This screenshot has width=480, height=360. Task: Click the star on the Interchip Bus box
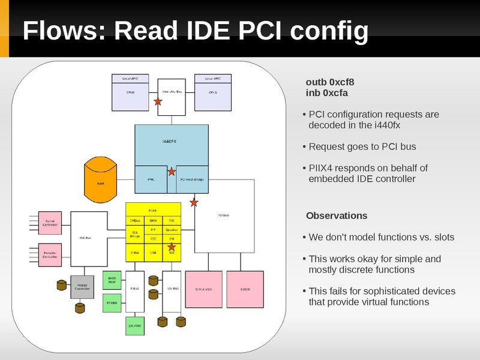click(158, 102)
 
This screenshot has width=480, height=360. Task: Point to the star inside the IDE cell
click(172, 247)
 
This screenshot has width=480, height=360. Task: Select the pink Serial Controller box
click(50, 223)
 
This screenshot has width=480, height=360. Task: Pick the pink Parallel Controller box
click(50, 255)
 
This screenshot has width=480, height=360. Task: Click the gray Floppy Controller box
click(82, 287)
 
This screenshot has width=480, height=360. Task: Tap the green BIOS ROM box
click(112, 280)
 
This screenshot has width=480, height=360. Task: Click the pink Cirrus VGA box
click(204, 289)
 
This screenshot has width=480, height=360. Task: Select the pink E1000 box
click(245, 289)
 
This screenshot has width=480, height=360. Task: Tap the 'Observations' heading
click(337, 215)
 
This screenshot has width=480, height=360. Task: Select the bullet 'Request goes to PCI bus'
click(362, 146)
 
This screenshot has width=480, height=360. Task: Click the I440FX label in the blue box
click(170, 142)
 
